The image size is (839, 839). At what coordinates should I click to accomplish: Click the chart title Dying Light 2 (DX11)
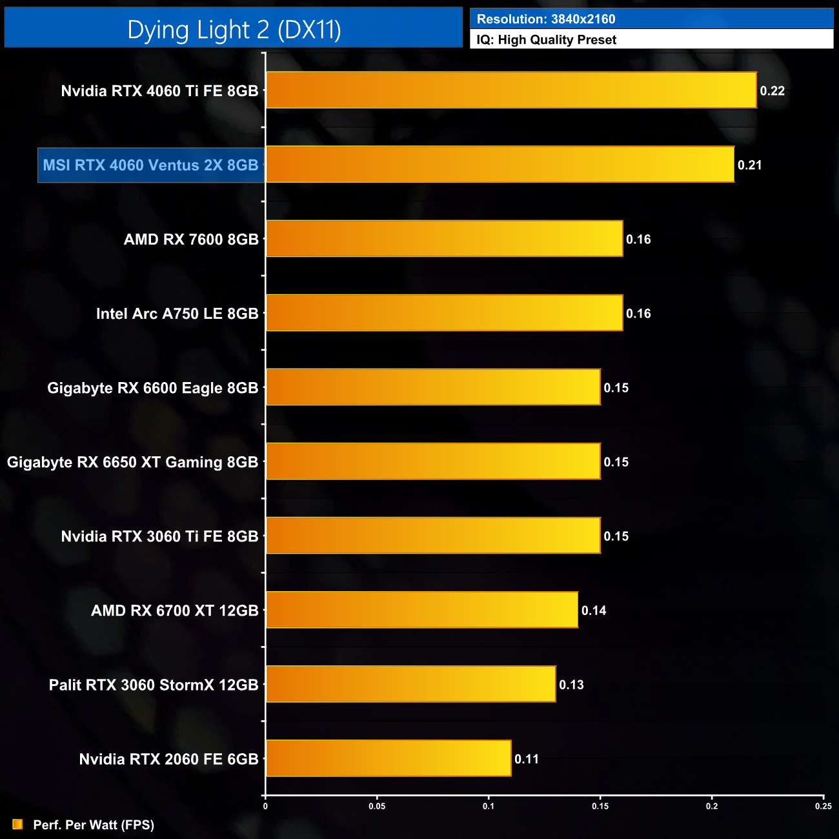point(234,30)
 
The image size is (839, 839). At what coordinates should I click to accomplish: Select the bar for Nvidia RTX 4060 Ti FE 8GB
point(510,90)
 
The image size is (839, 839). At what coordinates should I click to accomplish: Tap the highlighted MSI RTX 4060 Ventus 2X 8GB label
point(150,165)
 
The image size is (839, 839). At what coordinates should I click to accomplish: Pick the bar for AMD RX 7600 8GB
point(444,239)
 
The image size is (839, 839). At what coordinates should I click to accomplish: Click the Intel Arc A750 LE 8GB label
point(177,314)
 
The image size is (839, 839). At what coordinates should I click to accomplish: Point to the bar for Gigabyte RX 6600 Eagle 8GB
point(433,387)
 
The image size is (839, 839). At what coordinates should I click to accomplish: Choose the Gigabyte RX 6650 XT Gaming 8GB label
point(132,462)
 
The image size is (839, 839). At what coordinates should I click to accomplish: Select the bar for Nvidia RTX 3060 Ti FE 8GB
point(433,536)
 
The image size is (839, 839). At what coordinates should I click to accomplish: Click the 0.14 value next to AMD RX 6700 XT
point(594,611)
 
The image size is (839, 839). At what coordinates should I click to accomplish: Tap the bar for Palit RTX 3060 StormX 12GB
point(410,684)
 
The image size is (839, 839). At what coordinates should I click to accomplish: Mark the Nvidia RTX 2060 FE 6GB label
point(168,759)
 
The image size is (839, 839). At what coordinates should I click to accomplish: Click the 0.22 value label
point(772,91)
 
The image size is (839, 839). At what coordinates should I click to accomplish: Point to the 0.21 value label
point(749,165)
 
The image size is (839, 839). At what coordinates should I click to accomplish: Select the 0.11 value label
point(527,759)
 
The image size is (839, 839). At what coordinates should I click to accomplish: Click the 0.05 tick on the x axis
point(377,806)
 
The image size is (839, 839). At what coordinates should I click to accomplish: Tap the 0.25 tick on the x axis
point(823,806)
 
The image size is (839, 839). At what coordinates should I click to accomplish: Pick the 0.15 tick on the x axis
point(600,806)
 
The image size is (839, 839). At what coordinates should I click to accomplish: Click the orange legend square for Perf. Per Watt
point(17,824)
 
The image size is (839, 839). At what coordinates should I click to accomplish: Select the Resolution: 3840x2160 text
point(545,19)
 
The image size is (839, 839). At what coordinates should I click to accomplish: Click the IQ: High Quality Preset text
point(546,40)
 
